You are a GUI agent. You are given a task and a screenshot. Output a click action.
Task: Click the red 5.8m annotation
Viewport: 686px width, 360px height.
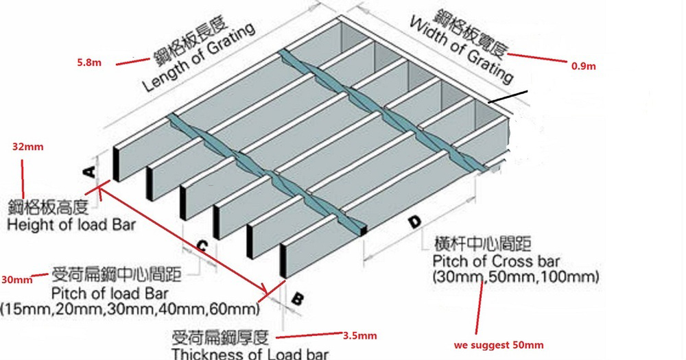click(89, 62)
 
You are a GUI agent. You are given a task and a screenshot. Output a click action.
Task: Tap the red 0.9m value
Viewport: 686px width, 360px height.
click(584, 66)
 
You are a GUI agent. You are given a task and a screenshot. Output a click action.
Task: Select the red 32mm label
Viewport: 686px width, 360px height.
click(28, 147)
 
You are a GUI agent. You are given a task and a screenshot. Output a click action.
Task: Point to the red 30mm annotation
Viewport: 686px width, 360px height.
click(16, 280)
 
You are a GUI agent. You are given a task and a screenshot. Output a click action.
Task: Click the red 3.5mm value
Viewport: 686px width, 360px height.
click(359, 336)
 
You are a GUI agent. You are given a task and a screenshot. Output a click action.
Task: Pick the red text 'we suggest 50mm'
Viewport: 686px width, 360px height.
click(499, 345)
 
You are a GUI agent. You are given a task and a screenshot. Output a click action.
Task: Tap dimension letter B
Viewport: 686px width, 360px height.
click(298, 299)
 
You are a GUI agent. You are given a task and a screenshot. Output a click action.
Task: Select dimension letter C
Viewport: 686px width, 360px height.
click(201, 247)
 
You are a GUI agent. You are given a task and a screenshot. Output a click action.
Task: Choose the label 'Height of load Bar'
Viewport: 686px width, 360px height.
click(71, 225)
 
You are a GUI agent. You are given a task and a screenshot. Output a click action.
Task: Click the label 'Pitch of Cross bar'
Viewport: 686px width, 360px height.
click(496, 261)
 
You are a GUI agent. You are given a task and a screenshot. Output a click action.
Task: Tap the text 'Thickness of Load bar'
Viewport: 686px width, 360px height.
click(250, 353)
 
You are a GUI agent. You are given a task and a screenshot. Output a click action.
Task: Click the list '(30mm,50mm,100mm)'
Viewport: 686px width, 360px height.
click(516, 277)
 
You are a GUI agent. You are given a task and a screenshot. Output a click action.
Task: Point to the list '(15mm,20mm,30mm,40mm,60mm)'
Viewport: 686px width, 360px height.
click(130, 309)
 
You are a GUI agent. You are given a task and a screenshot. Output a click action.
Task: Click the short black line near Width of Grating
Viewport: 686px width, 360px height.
click(508, 97)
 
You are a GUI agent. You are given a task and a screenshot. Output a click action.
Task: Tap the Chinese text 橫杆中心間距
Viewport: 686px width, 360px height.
click(482, 243)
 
